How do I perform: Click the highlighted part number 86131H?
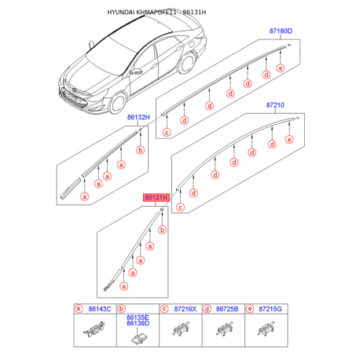[156, 197]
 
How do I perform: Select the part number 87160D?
[281, 31]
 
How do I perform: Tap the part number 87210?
[275, 105]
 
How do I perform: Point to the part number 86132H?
[138, 117]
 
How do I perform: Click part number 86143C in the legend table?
[100, 309]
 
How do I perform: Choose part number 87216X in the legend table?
[186, 309]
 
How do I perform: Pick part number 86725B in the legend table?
[227, 309]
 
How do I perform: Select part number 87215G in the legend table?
[270, 309]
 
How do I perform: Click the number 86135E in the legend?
[138, 318]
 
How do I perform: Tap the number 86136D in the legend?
[138, 323]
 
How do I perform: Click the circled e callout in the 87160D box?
[281, 68]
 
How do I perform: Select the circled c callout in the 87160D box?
[167, 132]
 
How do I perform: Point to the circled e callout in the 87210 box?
[289, 139]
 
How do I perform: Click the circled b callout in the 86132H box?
[141, 150]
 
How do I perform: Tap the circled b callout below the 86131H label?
[163, 230]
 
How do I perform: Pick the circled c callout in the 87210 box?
[180, 208]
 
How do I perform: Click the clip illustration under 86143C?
[94, 329]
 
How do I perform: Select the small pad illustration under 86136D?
[138, 339]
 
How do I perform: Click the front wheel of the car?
[117, 103]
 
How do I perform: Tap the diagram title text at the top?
[156, 13]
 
